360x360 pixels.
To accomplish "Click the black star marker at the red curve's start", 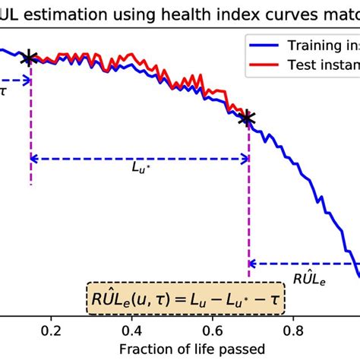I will coord(30,58).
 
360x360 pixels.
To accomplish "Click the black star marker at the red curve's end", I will coord(246,118).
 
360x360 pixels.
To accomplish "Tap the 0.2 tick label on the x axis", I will coord(51,332).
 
